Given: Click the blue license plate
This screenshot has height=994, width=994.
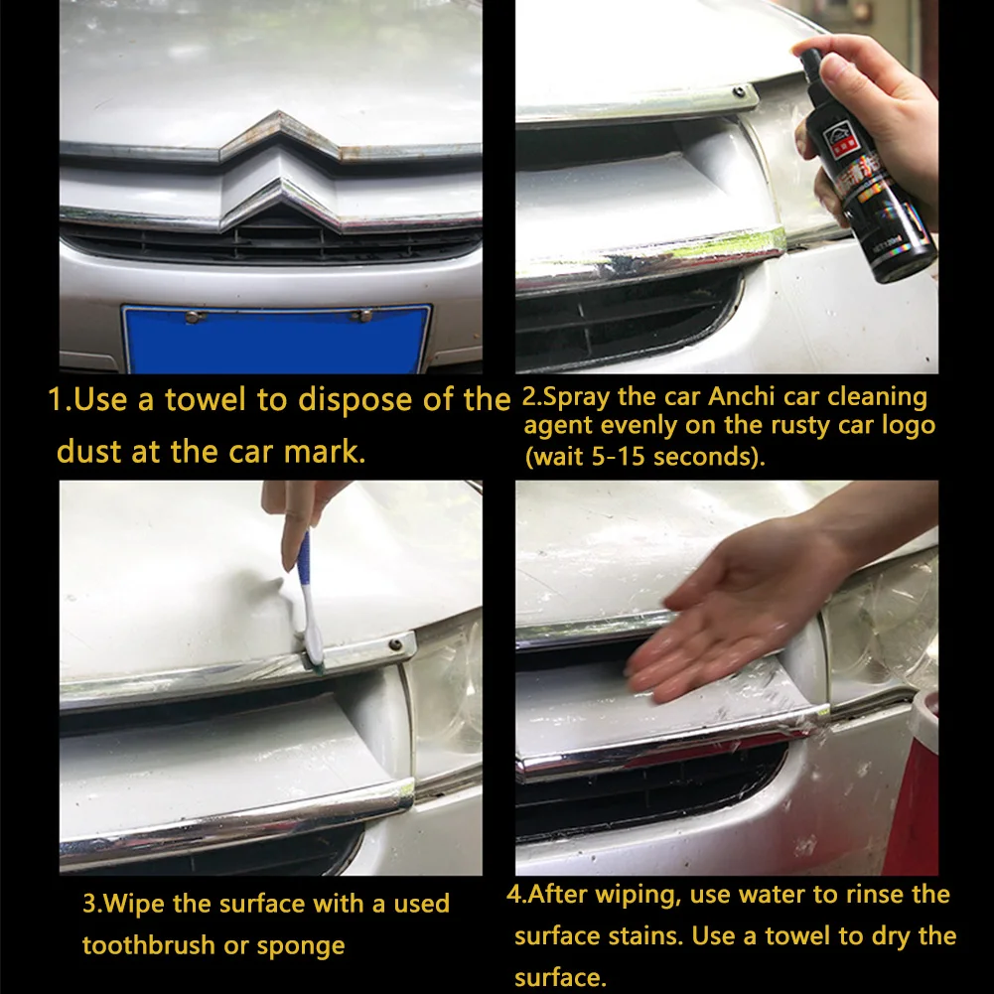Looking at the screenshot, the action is [x=277, y=339].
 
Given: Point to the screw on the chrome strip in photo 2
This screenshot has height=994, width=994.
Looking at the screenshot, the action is [x=739, y=92].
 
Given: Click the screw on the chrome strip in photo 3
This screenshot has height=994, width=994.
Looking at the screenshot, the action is [x=395, y=644].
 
